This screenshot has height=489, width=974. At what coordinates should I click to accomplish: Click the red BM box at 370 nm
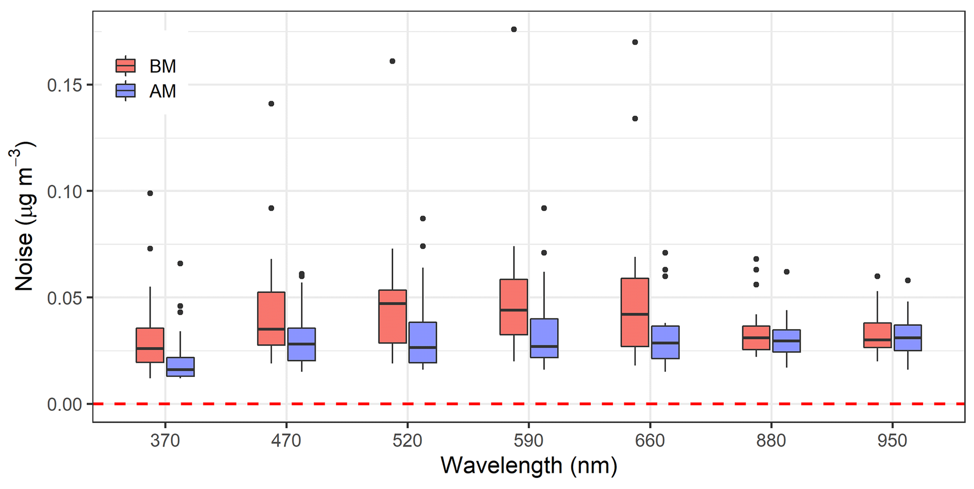tap(150, 345)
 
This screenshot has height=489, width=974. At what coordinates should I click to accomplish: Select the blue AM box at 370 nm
tap(180, 367)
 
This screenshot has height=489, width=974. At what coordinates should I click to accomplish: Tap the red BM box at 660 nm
tap(635, 312)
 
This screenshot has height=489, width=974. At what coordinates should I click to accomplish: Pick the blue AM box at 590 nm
tap(544, 338)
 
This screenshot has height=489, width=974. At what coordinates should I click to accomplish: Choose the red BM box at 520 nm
tap(393, 316)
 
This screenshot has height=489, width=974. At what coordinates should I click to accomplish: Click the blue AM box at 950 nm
tap(908, 337)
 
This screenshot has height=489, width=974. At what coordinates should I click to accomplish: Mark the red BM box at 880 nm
tap(756, 337)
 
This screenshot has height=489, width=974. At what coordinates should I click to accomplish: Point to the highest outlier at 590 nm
tap(514, 29)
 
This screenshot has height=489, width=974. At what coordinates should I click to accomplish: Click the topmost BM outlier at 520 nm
tap(393, 61)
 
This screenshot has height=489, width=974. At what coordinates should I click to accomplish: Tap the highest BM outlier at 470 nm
tap(271, 104)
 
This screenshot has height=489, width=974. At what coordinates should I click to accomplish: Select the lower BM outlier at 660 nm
tap(635, 119)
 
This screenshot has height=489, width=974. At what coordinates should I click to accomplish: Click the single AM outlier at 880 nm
tap(786, 272)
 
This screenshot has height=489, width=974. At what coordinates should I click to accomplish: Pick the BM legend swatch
tap(125, 66)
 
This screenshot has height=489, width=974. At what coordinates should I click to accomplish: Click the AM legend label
tap(163, 91)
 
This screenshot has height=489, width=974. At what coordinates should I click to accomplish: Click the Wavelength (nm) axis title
tap(528, 465)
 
